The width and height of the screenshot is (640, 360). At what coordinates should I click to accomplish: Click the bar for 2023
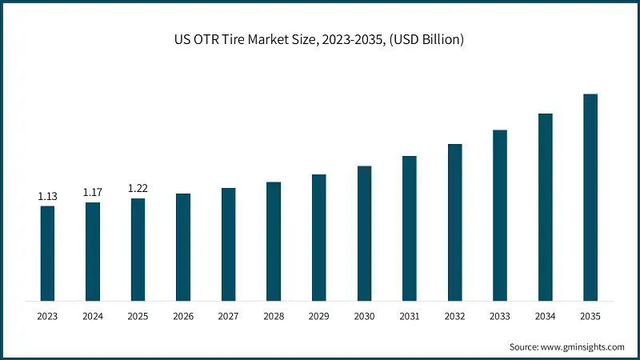[47, 254]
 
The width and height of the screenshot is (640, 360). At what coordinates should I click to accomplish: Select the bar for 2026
[183, 247]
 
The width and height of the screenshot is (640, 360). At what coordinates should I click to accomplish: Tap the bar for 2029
[319, 238]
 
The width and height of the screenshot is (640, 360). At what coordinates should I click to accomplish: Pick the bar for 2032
[455, 222]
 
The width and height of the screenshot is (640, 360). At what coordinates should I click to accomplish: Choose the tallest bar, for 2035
[590, 198]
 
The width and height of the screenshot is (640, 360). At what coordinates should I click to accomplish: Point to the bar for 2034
[546, 207]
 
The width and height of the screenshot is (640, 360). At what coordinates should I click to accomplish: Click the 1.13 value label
[47, 196]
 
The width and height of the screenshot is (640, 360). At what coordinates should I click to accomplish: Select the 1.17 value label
[93, 192]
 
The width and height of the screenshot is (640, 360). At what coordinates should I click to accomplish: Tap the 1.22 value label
[138, 188]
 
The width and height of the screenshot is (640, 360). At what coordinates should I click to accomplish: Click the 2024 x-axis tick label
[93, 317]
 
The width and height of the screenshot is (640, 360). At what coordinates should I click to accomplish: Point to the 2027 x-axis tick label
[229, 317]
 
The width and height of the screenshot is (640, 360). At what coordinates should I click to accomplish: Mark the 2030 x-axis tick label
[364, 317]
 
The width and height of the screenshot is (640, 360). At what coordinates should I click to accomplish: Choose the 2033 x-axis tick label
[500, 317]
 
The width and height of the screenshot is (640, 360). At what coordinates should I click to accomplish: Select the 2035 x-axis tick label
[590, 317]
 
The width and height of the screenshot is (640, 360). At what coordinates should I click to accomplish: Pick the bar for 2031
[410, 229]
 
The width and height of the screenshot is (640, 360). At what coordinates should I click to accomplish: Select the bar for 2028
[274, 242]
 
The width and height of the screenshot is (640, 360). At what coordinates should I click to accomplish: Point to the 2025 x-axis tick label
[138, 317]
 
